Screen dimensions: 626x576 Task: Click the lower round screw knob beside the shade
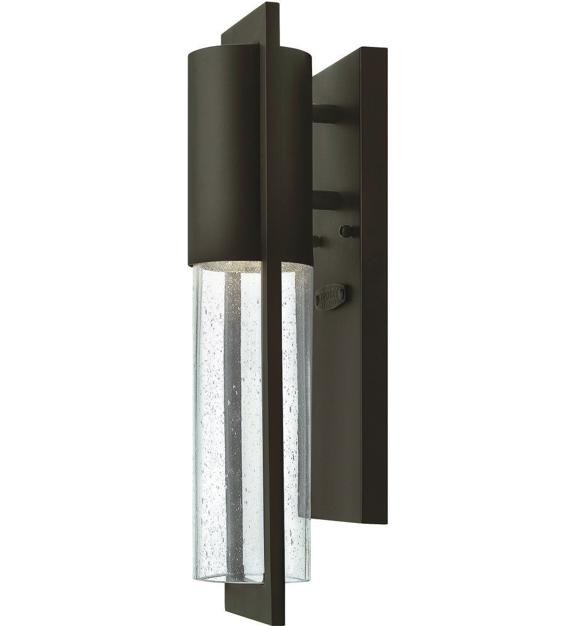pyautogui.click(x=316, y=240)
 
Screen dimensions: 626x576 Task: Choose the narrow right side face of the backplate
pyautogui.click(x=374, y=308)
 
